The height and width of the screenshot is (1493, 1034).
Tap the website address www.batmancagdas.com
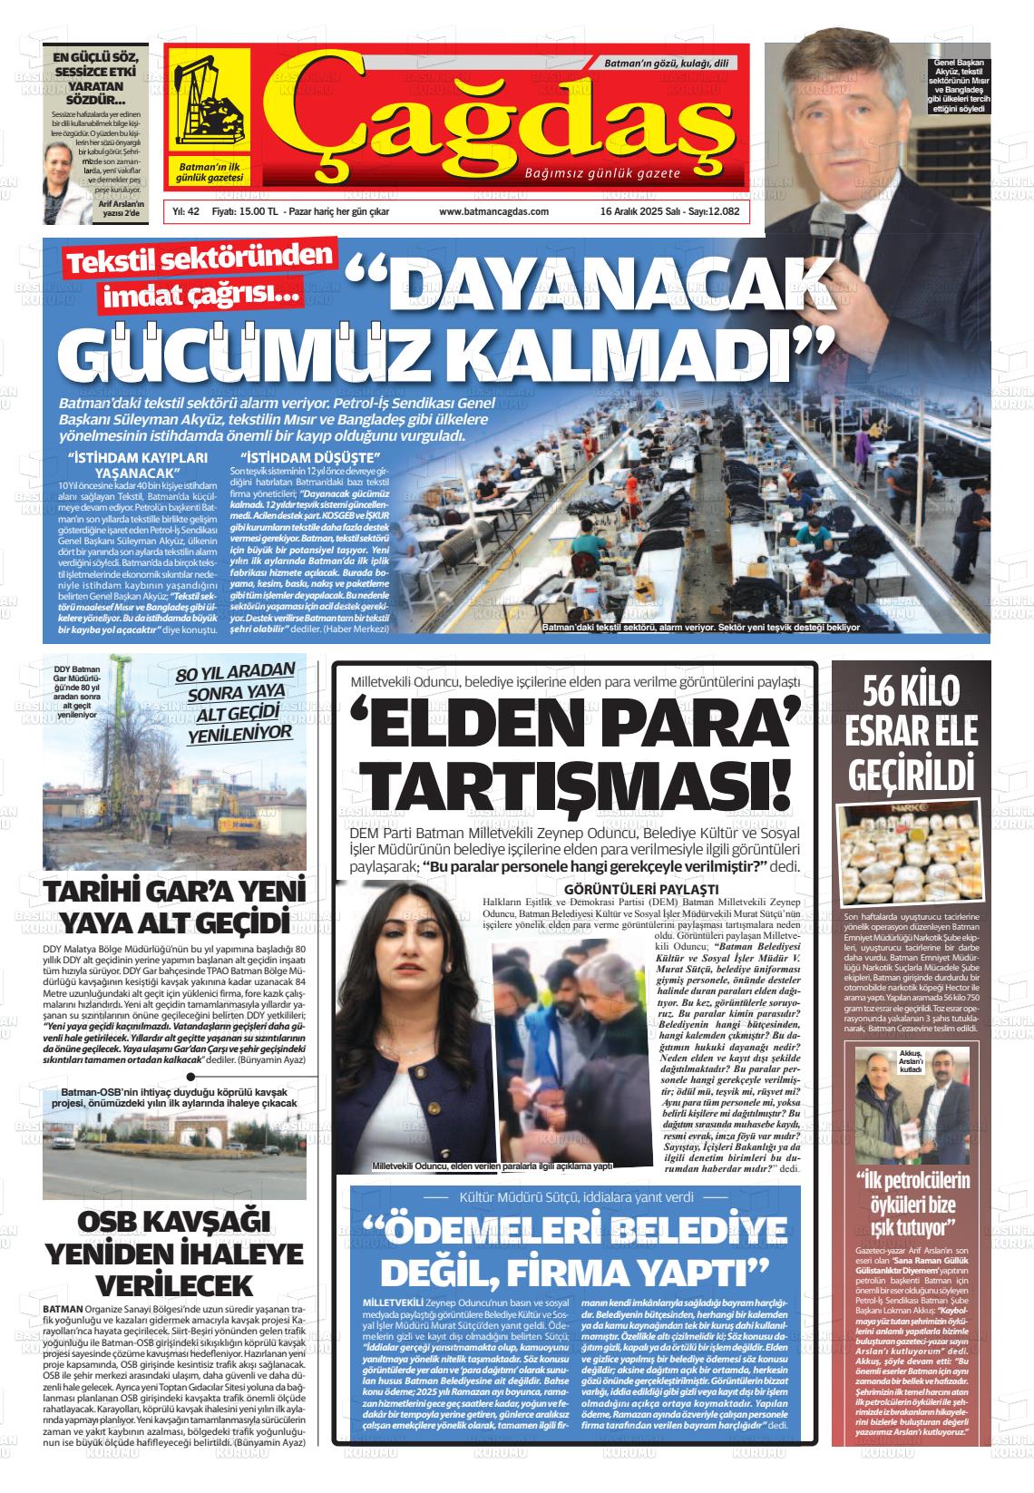coord(493,211)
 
